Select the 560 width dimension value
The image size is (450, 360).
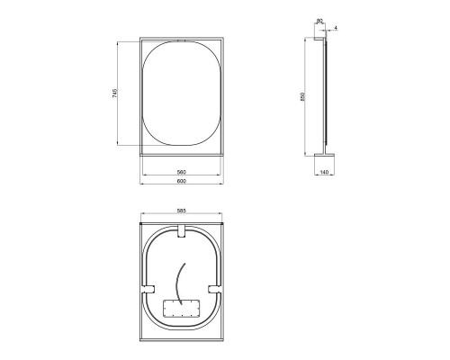pyautogui.click(x=181, y=171)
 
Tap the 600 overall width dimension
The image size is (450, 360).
pyautogui.click(x=181, y=182)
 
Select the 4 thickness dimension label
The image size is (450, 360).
pyautogui.click(x=336, y=29)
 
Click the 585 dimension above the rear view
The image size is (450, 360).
pyautogui.click(x=181, y=211)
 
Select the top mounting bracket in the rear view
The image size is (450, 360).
pyautogui.click(x=181, y=232)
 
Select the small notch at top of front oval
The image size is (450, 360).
pyautogui.click(x=181, y=41)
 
